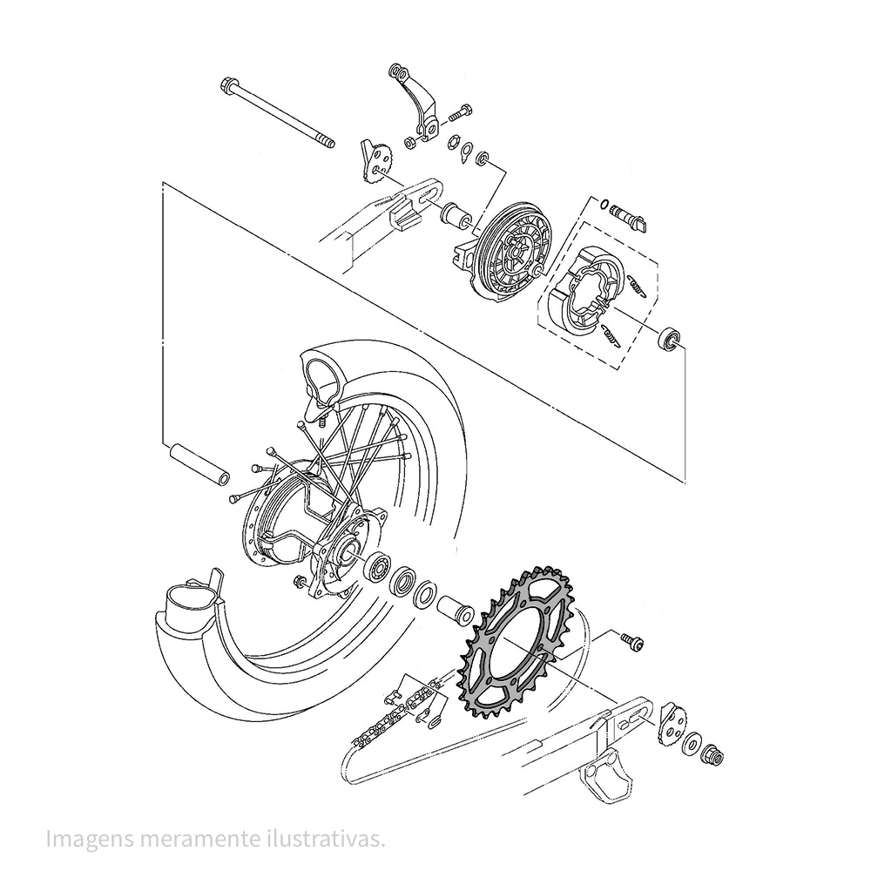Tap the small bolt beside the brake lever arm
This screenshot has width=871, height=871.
460,113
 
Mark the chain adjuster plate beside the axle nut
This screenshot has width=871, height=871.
672,723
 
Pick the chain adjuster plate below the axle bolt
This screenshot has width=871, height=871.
377,162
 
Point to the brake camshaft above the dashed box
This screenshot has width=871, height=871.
625,214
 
